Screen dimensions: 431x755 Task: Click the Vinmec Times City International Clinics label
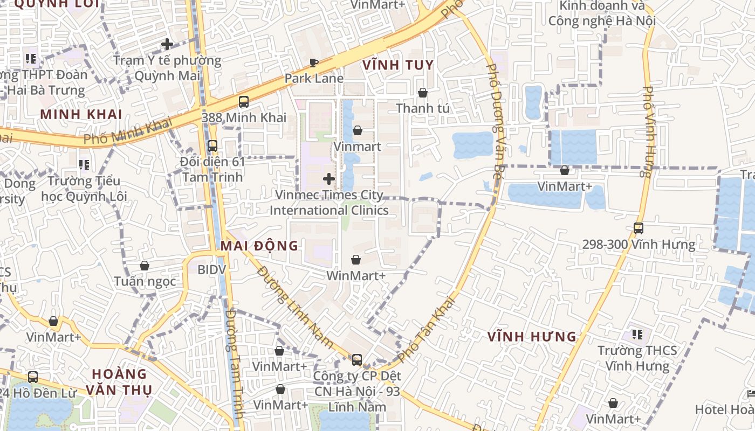click(329, 203)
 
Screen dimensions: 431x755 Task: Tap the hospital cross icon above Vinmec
click(329, 178)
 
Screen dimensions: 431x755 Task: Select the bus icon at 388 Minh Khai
click(244, 101)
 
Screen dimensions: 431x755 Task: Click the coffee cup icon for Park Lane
click(314, 63)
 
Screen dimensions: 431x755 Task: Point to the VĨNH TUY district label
click(398, 65)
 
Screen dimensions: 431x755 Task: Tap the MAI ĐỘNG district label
click(259, 246)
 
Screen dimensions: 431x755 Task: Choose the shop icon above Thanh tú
click(423, 93)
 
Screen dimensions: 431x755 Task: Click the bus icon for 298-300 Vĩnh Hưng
click(639, 228)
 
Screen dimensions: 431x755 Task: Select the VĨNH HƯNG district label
click(532, 337)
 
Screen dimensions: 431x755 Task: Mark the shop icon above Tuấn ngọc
click(145, 266)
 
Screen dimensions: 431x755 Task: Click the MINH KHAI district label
click(81, 114)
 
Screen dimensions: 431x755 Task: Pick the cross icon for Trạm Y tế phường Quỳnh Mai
click(167, 44)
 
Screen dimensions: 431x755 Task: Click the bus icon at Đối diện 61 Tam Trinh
click(212, 145)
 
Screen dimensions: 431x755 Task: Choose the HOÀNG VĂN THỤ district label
click(119, 381)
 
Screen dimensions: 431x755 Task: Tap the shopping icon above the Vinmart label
click(357, 130)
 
